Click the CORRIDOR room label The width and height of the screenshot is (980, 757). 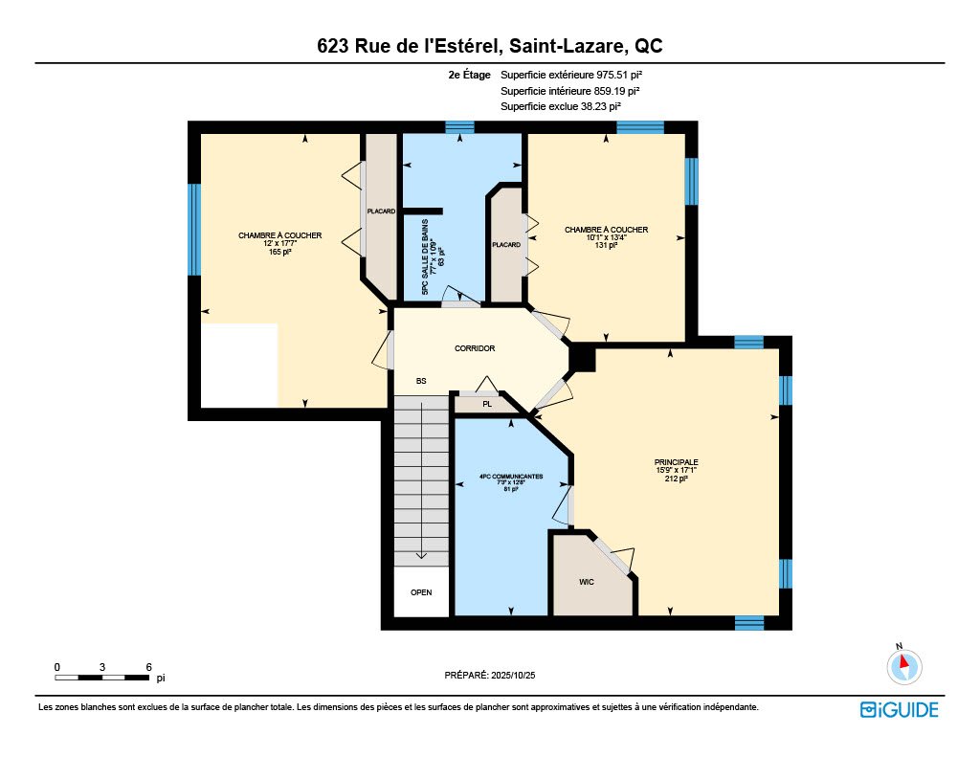[475, 348]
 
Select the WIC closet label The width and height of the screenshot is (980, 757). [587, 582]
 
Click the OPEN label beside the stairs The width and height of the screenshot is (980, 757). [421, 592]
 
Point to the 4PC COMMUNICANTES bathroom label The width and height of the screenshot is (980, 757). [511, 476]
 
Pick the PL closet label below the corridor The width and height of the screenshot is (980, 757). [487, 404]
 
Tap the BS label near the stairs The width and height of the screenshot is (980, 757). [420, 381]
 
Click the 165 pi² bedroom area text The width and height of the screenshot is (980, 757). [280, 253]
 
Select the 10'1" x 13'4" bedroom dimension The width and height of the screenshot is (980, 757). [606, 237]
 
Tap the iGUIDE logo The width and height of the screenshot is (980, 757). [899, 710]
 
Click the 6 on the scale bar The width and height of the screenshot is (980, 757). [148, 666]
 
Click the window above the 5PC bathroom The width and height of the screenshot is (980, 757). [459, 127]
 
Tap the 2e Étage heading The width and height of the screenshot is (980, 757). [469, 75]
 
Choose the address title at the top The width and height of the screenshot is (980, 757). [490, 45]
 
